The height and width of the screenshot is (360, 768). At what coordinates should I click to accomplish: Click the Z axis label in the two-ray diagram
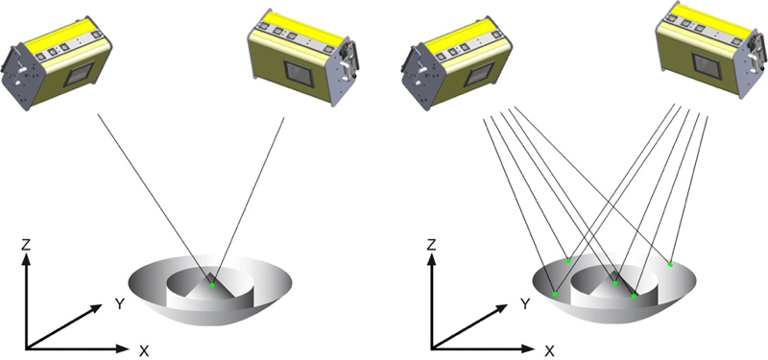[29, 247]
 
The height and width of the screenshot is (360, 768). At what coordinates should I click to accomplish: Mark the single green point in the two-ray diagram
[212, 285]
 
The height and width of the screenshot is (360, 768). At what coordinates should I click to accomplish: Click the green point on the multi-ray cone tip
[615, 283]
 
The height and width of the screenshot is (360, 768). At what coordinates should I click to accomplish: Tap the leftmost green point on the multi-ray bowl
[555, 293]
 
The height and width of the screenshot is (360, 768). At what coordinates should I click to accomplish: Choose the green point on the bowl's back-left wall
[569, 260]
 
